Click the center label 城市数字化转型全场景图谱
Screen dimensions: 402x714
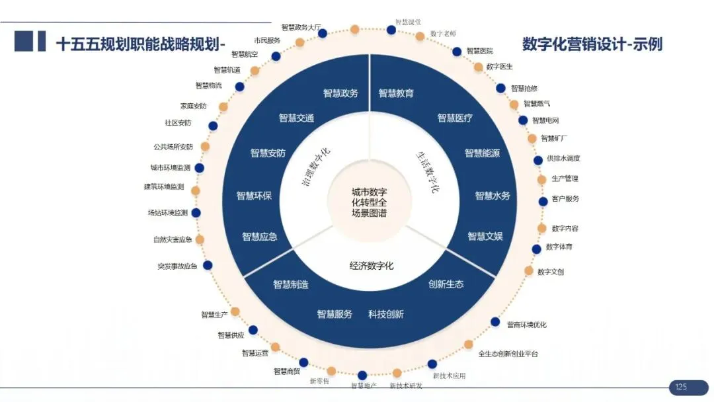coord(369,203)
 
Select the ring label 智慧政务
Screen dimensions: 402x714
coord(340,93)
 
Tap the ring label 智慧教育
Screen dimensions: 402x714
coord(396,93)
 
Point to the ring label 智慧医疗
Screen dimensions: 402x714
coord(455,118)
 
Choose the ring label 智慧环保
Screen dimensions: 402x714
coord(254,196)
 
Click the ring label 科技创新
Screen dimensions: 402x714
coord(386,314)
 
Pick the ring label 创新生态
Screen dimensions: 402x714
coord(446,284)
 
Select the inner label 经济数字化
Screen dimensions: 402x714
coord(372,266)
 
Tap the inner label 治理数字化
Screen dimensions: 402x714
coord(316,169)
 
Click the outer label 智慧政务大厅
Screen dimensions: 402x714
coord(301,28)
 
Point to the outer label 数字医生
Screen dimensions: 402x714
coord(499,67)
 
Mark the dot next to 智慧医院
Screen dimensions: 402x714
coord(457,52)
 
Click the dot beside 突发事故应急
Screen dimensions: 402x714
coord(208,265)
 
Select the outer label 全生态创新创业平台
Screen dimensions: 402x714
coord(508,354)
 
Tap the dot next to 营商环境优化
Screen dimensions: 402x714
coord(495,322)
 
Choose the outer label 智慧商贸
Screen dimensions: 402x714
coord(286,372)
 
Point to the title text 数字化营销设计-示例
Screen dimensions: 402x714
coord(592,44)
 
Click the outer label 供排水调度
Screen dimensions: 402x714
coord(563,159)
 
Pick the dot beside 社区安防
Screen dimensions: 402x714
coord(213,126)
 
